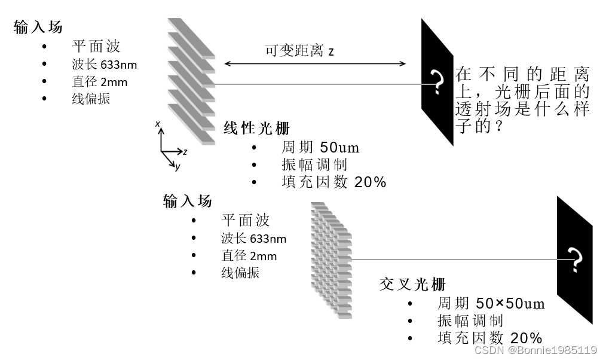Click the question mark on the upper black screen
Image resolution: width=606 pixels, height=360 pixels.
[439, 82]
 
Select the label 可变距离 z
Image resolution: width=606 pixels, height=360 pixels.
[299, 50]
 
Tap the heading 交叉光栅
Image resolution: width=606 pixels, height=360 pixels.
[412, 284]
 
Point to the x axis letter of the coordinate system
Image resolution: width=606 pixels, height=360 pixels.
[157, 124]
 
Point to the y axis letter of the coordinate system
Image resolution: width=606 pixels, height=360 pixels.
[177, 167]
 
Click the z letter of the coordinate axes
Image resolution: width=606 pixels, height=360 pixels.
[185, 152]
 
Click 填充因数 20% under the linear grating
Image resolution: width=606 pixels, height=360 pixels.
[333, 182]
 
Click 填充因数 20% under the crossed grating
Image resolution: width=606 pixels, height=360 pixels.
[489, 338]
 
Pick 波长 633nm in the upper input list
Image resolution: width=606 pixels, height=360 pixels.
[108, 65]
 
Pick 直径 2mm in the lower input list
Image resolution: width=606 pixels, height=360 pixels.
[249, 256]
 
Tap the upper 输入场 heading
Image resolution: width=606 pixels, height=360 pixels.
[38, 27]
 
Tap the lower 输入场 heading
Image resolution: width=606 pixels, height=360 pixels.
[187, 201]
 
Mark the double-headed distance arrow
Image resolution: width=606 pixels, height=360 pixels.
[316, 64]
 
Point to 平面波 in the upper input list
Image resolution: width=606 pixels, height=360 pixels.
[96, 46]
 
